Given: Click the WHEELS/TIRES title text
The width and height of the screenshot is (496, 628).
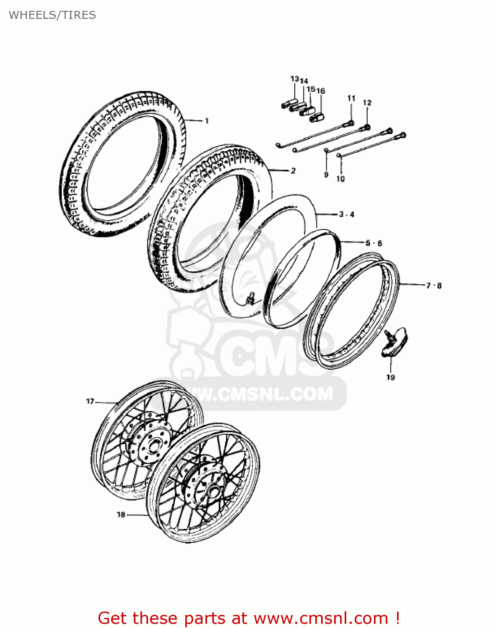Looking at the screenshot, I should click(52, 15).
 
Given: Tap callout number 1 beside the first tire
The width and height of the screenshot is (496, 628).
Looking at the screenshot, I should click(206, 121).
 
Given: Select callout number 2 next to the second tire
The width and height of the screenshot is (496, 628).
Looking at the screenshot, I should click(293, 170).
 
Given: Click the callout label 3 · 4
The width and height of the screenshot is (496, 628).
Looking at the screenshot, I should click(347, 214).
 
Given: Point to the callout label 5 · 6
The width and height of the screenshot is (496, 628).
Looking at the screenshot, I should click(374, 243).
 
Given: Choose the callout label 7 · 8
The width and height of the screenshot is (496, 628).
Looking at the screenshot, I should click(434, 286).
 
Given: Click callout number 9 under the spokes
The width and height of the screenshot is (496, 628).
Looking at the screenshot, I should click(326, 175).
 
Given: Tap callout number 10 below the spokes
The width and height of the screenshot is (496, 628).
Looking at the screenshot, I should click(340, 179).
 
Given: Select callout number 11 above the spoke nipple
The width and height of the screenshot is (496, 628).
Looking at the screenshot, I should click(351, 98).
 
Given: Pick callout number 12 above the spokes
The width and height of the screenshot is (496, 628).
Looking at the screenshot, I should click(367, 103).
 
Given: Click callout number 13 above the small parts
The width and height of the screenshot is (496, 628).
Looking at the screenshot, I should click(294, 79).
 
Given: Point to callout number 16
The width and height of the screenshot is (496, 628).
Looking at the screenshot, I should click(321, 91).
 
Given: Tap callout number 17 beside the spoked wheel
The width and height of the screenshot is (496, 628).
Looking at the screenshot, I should click(90, 402).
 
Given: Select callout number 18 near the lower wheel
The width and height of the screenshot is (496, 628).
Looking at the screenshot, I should click(121, 514).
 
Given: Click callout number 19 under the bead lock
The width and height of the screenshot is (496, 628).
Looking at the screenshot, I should click(390, 377).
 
